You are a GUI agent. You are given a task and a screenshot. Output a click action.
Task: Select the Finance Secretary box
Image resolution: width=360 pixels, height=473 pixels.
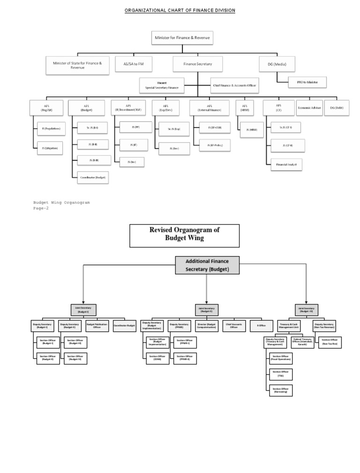(197, 64)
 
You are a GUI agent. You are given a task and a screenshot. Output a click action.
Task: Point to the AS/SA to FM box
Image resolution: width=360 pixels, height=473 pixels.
(134, 64)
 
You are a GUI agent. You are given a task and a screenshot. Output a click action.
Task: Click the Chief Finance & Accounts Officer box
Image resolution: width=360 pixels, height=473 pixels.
(234, 86)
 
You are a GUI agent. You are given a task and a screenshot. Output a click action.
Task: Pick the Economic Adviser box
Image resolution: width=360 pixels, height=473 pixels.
(309, 108)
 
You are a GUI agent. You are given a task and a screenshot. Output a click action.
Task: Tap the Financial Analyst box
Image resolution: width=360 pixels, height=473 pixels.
(286, 165)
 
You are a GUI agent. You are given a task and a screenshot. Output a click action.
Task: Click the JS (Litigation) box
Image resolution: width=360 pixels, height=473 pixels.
(51, 148)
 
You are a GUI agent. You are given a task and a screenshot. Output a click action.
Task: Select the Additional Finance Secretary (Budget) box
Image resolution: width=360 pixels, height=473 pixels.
(207, 265)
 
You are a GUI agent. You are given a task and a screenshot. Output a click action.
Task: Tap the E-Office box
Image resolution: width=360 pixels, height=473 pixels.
(262, 326)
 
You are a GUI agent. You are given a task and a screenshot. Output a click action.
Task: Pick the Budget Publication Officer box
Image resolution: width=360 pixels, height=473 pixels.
(97, 326)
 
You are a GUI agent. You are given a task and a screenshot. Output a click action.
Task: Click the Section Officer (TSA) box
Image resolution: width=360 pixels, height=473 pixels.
(280, 374)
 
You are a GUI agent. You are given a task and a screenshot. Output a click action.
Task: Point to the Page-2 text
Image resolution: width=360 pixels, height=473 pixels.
(41, 209)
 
